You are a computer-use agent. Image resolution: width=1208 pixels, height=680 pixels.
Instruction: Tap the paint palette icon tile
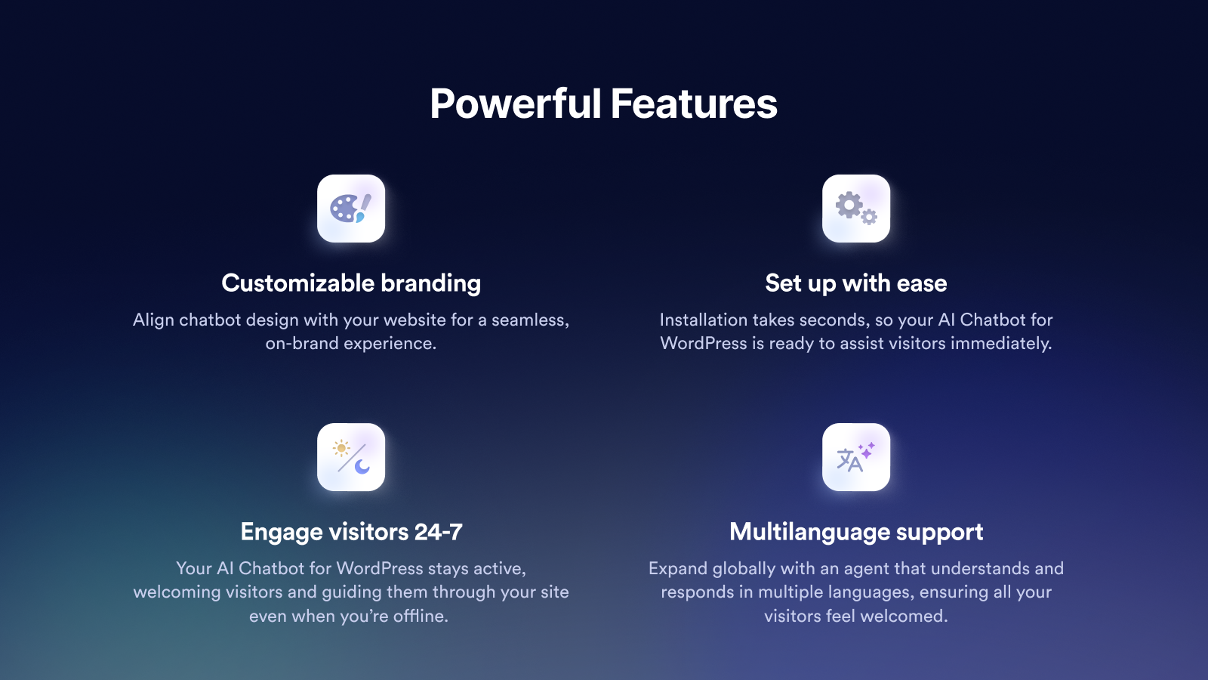[x=351, y=209]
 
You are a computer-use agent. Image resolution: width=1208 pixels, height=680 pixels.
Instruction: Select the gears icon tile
[x=856, y=209]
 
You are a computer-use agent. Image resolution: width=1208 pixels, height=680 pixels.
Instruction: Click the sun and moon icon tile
[x=351, y=457]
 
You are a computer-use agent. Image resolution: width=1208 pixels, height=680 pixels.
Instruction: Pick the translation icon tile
[x=856, y=457]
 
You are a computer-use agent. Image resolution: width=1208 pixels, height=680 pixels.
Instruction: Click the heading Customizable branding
[x=351, y=283]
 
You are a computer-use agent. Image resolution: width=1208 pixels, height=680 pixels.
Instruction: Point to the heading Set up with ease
[x=856, y=283]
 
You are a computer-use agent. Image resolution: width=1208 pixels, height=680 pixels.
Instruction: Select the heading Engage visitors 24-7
[x=351, y=532]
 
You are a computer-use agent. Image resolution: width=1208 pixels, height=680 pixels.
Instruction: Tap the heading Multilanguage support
[x=856, y=532]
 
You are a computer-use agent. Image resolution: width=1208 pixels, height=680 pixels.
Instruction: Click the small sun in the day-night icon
[x=341, y=449]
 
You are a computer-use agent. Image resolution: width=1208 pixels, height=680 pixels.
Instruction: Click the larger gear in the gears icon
[x=849, y=205]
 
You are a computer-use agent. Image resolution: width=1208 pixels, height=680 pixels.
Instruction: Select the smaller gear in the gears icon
[x=869, y=217]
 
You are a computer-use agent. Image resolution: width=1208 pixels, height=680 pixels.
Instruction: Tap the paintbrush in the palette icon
[x=363, y=209]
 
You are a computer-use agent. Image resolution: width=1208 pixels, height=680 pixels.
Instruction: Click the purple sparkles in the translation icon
[x=867, y=450]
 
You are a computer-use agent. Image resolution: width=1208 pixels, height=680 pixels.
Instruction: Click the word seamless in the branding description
[x=529, y=320]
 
